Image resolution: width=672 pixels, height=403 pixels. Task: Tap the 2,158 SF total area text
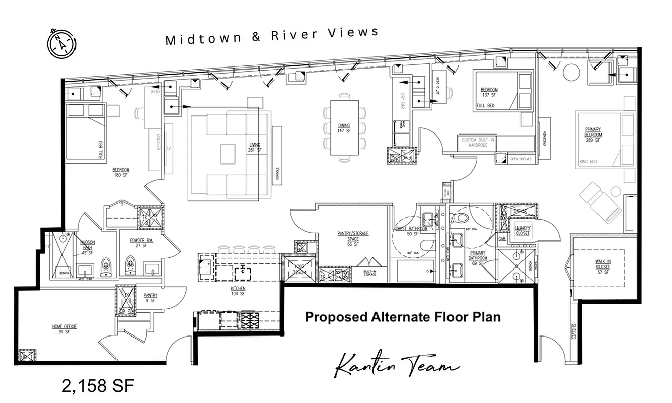click(x=98, y=386)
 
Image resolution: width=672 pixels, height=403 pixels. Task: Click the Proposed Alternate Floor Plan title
click(x=403, y=317)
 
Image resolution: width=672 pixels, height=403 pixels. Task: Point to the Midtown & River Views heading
click(x=272, y=36)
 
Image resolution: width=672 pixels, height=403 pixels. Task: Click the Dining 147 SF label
click(x=344, y=128)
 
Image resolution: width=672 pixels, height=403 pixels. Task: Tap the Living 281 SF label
click(x=255, y=147)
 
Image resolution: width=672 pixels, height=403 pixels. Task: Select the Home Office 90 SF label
click(x=64, y=329)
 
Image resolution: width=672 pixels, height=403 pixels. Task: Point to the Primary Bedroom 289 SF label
click(x=593, y=135)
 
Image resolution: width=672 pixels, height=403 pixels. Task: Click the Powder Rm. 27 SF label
click(x=141, y=243)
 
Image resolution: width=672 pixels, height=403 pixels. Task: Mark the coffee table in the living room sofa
click(x=227, y=153)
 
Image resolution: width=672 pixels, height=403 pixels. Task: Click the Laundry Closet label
click(x=522, y=231)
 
